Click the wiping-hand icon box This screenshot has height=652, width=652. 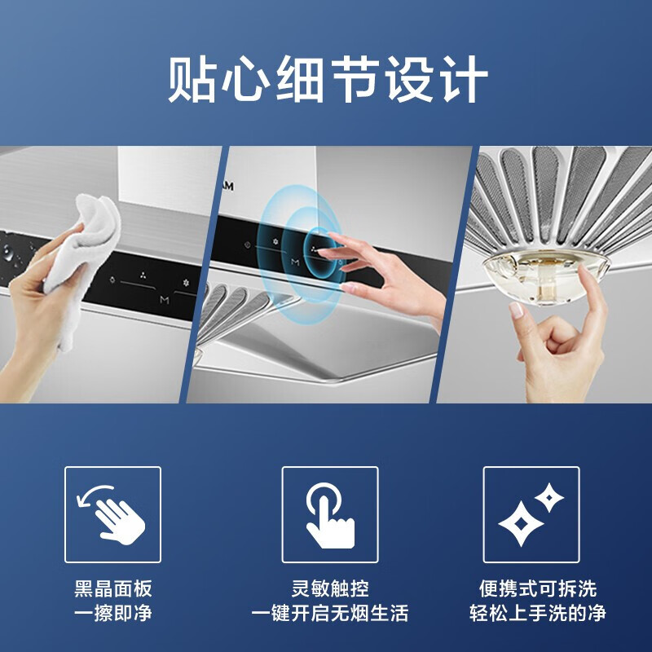[113, 514]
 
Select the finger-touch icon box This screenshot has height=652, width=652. [330, 514]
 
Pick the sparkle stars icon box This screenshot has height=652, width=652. [531, 514]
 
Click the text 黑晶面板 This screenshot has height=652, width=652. [113, 588]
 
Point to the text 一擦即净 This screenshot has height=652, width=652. [113, 613]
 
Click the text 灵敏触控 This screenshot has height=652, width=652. [330, 588]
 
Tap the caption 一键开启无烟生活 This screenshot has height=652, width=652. [330, 613]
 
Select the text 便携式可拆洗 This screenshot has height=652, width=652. [537, 588]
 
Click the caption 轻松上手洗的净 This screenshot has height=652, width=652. [537, 613]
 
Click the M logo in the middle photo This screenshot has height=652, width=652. [295, 262]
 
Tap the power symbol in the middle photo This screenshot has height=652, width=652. [247, 244]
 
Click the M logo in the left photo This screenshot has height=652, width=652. [165, 299]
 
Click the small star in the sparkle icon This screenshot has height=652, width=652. [550, 496]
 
